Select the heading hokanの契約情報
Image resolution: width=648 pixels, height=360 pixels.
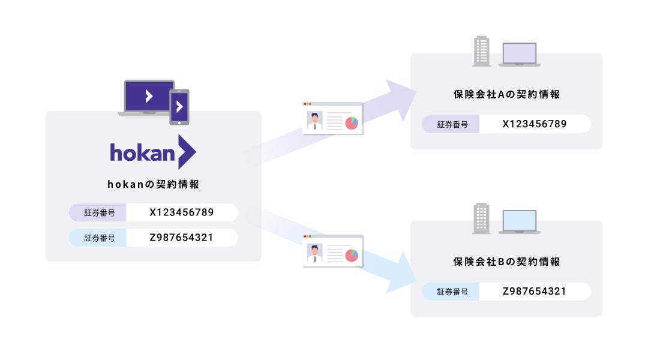(x=153, y=185)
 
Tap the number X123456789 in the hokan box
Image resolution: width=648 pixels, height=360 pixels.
(x=181, y=212)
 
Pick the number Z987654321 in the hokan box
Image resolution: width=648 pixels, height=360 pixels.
(x=181, y=238)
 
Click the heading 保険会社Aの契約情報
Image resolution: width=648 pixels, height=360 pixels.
(x=506, y=95)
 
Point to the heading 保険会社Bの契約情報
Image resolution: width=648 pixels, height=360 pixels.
(x=506, y=262)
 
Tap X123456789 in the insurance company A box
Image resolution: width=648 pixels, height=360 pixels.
(x=534, y=124)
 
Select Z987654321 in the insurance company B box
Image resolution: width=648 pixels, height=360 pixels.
(x=534, y=292)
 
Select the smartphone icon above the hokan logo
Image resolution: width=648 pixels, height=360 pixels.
(x=179, y=107)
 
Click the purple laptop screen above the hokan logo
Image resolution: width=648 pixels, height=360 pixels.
(x=149, y=96)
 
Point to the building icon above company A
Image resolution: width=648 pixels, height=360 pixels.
(x=482, y=50)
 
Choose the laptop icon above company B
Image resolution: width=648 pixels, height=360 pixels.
(x=520, y=221)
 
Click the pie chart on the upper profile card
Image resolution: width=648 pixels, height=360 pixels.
(x=351, y=122)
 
